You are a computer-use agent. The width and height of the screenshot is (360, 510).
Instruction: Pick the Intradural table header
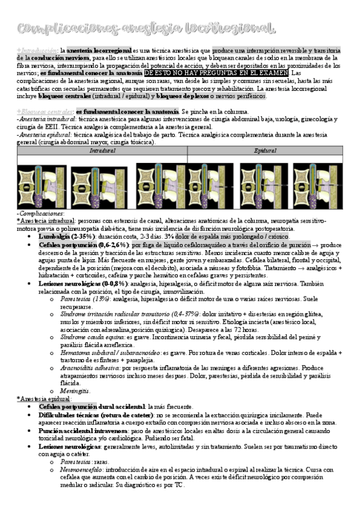102,150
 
